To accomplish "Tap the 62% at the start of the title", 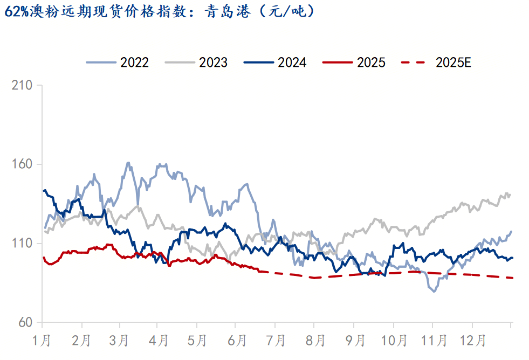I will pos(16,11).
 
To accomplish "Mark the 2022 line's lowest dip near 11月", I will pos(434,291).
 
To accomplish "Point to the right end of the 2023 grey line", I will pos(510,195).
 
